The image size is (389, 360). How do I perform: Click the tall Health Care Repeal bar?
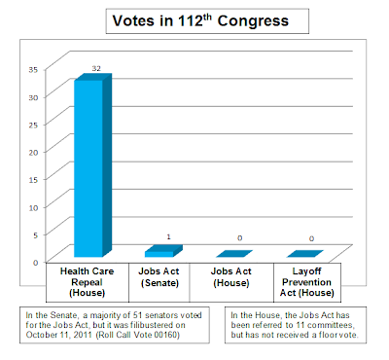(x=93, y=165)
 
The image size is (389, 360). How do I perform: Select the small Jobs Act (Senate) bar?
(x=163, y=251)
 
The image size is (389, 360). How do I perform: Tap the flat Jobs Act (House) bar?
(x=234, y=254)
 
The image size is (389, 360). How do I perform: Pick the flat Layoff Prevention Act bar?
(x=305, y=254)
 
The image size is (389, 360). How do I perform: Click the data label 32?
(x=96, y=68)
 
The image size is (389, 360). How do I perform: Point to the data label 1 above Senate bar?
(x=168, y=237)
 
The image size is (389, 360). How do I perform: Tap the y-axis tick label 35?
(x=33, y=69)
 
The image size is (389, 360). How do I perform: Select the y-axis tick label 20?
(x=33, y=152)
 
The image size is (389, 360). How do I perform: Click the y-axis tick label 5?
(x=36, y=234)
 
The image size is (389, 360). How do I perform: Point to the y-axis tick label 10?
(x=33, y=207)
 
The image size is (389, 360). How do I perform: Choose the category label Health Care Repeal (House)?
(x=88, y=282)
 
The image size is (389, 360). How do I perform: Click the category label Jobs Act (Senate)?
(x=159, y=277)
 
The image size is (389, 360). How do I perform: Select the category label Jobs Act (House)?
(x=231, y=277)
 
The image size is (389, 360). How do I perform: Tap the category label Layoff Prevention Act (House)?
(x=307, y=282)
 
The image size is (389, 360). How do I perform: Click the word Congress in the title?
(x=253, y=21)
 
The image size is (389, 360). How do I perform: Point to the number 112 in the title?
(x=191, y=21)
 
